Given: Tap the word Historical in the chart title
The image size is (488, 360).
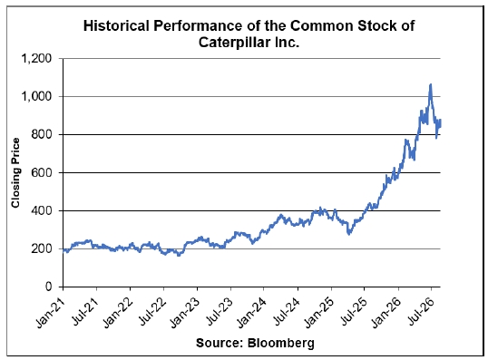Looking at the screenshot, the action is [116, 25].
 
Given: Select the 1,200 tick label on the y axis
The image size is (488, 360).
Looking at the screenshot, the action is [36, 59].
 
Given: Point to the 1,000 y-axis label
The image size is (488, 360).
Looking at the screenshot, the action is [36, 96].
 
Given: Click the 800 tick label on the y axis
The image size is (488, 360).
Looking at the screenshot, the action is [42, 134].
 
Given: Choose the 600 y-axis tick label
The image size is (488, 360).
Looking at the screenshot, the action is [42, 172].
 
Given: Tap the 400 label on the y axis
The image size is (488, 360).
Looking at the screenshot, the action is [42, 210].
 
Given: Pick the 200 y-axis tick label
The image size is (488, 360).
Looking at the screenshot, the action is [42, 249].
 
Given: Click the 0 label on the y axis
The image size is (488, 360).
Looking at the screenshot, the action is [49, 287].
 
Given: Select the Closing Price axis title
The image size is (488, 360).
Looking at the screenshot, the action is [15, 172].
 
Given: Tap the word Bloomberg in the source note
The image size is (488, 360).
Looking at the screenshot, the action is [281, 343].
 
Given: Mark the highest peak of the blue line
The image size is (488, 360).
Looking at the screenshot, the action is [431, 84].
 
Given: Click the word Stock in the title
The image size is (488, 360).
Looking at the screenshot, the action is [376, 25].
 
